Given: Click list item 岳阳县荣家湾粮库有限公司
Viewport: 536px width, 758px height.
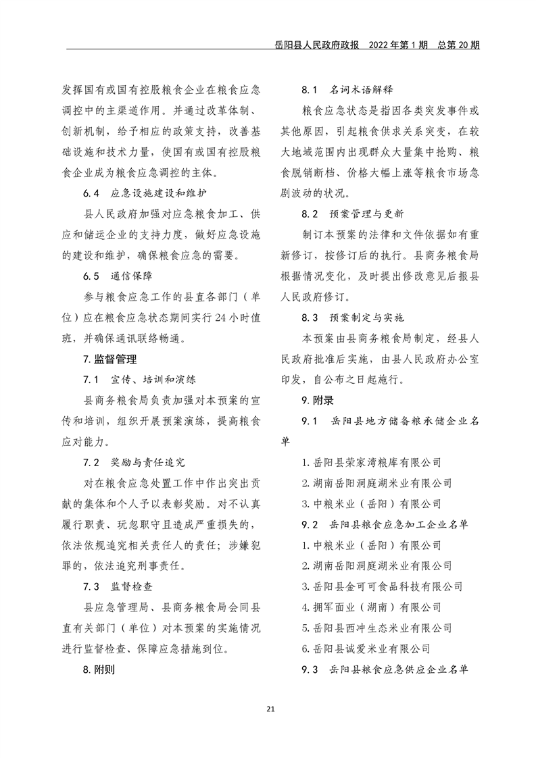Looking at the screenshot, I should pos(371,463).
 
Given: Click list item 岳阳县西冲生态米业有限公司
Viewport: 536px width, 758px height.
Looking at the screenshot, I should pos(376,628).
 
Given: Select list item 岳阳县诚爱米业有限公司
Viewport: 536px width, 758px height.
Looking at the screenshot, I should pos(366,649).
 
